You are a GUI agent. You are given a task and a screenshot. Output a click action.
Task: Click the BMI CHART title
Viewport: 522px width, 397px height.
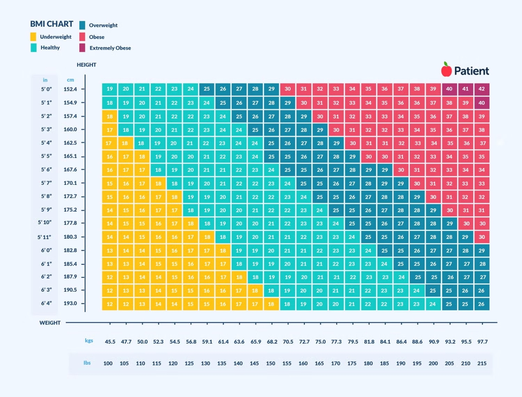[x=51, y=24]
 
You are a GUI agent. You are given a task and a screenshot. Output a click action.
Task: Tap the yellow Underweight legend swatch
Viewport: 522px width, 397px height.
[x=33, y=37]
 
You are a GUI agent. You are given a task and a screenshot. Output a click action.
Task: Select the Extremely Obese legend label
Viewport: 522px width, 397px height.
[x=110, y=48]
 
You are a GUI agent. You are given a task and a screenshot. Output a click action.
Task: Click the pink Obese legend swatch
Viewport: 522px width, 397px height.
[x=82, y=37]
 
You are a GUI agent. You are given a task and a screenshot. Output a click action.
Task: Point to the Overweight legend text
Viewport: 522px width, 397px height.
[x=103, y=25]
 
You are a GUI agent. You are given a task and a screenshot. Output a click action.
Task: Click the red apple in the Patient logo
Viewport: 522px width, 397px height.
[x=446, y=69]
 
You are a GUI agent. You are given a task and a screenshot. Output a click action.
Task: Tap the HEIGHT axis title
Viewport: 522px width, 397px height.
[x=86, y=65]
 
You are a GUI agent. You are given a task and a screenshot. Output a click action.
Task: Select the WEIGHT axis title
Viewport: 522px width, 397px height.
[x=50, y=323]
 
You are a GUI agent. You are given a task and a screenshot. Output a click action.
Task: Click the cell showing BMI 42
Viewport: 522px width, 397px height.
[x=482, y=89]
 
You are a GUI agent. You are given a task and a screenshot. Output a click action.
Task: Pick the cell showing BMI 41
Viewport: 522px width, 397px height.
[x=465, y=89]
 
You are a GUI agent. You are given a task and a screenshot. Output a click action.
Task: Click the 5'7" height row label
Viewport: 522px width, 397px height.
[x=46, y=183]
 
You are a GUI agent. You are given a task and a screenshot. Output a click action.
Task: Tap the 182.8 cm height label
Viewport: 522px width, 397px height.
[x=70, y=250]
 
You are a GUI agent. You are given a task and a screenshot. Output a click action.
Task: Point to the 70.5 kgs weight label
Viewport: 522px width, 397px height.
[x=288, y=341]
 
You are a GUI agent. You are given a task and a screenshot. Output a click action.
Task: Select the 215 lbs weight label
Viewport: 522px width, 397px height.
[x=482, y=363]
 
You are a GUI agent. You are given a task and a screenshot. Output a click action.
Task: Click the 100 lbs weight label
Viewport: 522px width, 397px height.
[x=108, y=363]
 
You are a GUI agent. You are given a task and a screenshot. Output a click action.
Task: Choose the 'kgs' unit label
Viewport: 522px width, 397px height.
[x=89, y=340]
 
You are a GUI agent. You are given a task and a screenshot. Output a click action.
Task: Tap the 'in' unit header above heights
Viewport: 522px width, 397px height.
[x=45, y=80]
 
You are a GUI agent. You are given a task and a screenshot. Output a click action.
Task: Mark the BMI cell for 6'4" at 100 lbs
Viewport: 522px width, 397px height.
[x=109, y=304]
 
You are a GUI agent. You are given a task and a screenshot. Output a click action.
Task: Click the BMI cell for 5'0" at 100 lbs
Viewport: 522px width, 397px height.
[x=109, y=89]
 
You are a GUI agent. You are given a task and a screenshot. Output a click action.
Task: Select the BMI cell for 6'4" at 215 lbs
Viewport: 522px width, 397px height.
[x=482, y=304]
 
